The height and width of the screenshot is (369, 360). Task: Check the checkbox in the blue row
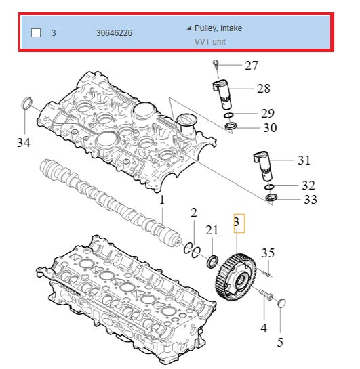[x=36, y=32]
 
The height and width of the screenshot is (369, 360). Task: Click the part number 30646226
[x=115, y=33]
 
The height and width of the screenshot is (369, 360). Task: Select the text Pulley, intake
[x=218, y=28]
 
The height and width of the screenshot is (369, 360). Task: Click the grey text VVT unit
[x=210, y=42]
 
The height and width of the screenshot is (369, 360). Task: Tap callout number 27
[x=252, y=66]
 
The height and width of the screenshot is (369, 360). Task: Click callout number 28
[x=264, y=89]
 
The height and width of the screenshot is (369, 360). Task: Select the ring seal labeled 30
[x=231, y=126]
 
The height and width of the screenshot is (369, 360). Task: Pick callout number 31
[x=304, y=160]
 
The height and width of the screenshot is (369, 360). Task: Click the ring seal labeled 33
[x=271, y=198]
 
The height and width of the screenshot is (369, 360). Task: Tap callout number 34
[x=24, y=143]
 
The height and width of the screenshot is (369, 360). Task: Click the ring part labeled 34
[x=26, y=104]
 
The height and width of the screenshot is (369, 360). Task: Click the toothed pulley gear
[x=236, y=278]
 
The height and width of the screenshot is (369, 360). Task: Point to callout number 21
[x=212, y=230]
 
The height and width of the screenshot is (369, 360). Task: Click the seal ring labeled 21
[x=212, y=262]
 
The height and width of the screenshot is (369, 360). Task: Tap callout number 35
[x=268, y=253]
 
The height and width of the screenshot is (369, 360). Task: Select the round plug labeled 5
[x=281, y=303]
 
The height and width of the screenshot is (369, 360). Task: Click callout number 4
[x=264, y=328]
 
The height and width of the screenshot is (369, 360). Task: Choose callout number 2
[x=194, y=213]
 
